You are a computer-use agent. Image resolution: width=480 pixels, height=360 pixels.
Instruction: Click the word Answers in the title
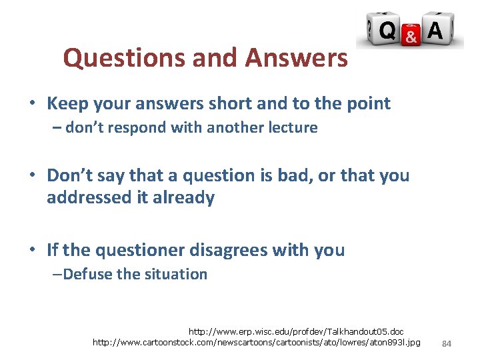click(296, 59)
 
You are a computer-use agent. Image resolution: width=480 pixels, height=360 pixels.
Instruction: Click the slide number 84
click(447, 343)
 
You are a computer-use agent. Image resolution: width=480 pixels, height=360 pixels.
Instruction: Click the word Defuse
click(89, 274)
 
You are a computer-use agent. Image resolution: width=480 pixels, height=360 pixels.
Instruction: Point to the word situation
click(175, 274)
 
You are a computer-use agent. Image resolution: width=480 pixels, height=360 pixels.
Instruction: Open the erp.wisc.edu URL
click(296, 331)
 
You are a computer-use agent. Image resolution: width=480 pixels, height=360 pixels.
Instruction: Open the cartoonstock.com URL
click(257, 343)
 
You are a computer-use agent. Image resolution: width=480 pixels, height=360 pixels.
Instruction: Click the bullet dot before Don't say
click(32, 176)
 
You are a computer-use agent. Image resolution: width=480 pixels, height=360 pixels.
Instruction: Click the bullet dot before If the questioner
click(32, 251)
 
